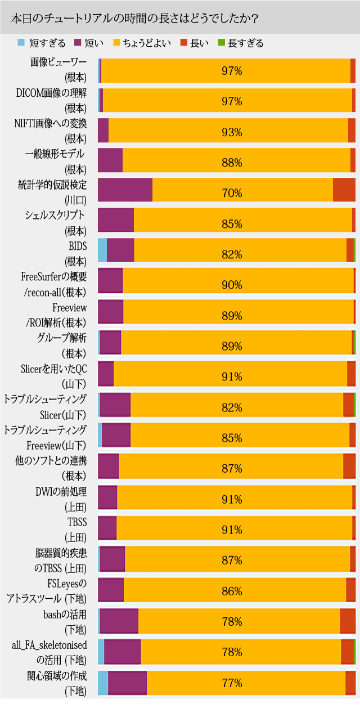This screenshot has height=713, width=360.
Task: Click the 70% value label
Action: point(232,193)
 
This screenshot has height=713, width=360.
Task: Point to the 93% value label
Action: point(232,132)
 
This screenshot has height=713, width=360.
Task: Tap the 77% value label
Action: point(232,683)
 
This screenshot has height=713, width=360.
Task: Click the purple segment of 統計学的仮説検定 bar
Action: point(125,190)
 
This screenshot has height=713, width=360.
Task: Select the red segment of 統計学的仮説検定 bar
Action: point(344,190)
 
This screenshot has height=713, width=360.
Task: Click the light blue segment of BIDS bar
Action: point(102,250)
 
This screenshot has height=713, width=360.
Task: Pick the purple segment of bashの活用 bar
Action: point(119,621)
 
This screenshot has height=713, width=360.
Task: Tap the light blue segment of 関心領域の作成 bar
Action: point(103,682)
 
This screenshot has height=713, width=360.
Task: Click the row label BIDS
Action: point(77,245)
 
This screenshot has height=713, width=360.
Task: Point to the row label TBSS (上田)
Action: point(76,529)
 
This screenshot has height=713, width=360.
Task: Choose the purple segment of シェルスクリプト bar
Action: point(116,220)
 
